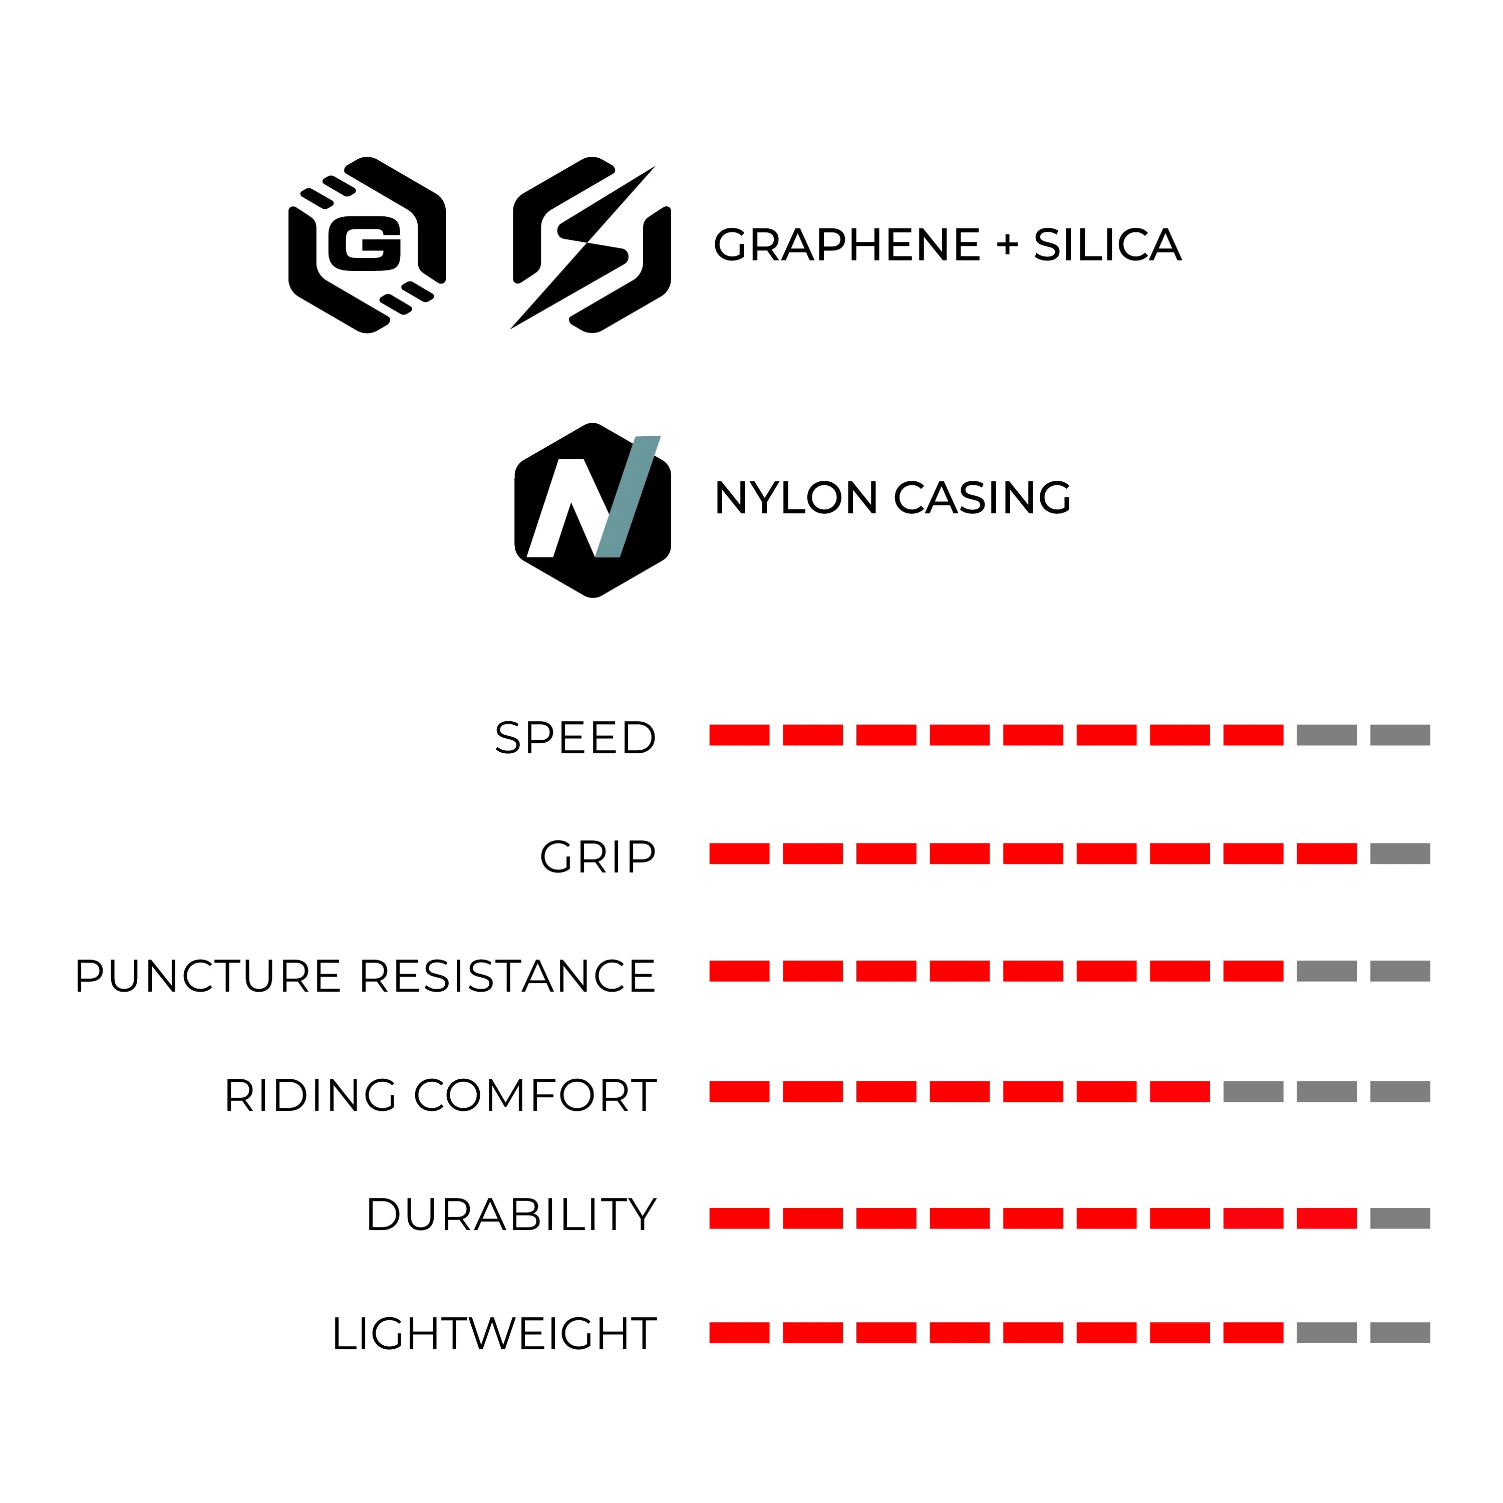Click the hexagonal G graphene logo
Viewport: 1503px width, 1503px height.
367,245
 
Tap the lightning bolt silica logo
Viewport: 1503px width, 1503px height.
591,245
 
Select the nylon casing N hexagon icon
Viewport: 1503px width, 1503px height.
593,510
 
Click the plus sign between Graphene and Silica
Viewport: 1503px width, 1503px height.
1007,246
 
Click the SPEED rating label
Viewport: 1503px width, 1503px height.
575,738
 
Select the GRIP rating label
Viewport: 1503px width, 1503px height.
597,857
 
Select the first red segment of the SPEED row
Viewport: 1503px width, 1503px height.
739,735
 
